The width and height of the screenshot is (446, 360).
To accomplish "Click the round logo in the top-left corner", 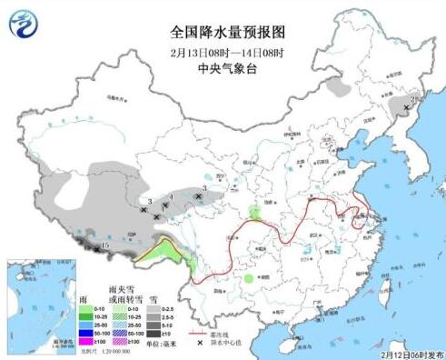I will (28, 24).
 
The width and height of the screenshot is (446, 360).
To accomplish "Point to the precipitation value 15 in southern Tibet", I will (105, 245).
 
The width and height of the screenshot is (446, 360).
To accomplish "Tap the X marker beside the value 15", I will (97, 247).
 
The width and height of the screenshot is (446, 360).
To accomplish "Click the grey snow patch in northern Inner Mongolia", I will (339, 87).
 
